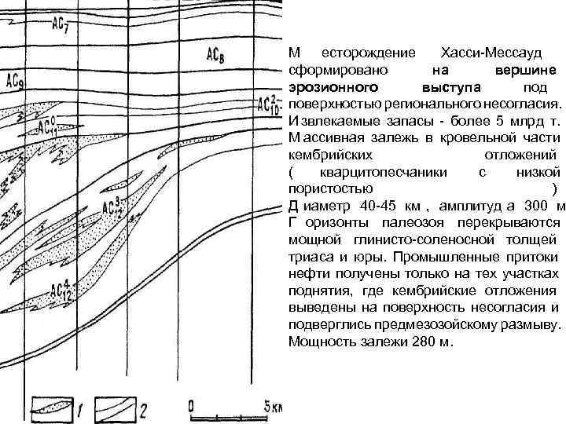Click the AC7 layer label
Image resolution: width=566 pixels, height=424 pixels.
(60, 25)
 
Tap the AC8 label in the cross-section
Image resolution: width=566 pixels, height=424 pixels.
(217, 54)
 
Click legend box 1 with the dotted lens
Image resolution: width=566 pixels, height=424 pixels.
(53, 407)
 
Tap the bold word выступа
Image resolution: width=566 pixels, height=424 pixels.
(451, 86)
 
